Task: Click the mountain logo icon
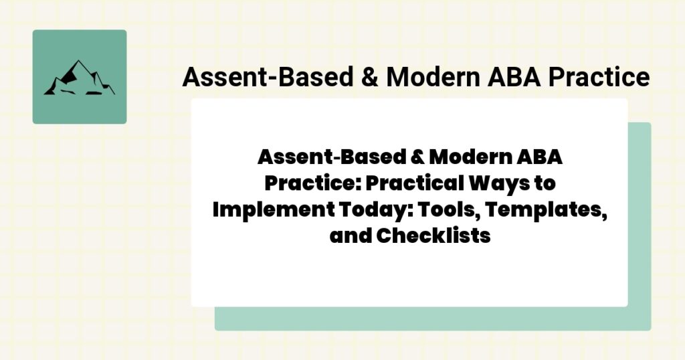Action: (79, 77)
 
